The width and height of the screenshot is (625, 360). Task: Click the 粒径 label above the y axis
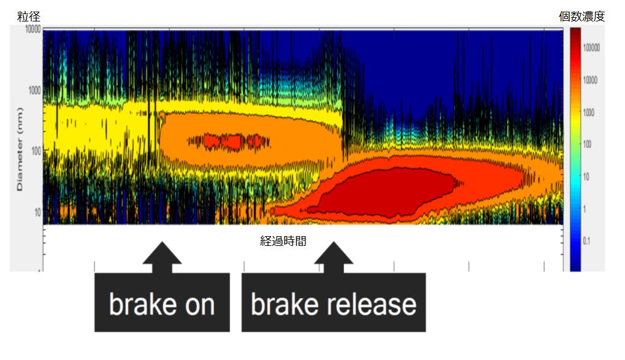29,17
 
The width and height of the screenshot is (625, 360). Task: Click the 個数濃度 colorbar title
581,17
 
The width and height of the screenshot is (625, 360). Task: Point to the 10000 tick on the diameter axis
33,29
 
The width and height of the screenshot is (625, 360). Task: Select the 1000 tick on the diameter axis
35,91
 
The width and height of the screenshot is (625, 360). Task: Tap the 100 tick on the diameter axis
36,151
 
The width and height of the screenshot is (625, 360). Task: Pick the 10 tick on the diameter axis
38,212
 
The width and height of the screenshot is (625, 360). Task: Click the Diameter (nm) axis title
20,149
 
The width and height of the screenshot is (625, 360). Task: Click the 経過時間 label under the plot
283,241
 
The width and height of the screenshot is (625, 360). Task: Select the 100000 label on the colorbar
591,48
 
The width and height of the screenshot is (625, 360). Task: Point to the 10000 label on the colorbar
590,80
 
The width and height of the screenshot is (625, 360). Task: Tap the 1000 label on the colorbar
589,112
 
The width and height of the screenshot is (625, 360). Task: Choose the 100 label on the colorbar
587,144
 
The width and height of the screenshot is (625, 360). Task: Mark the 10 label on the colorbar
586,177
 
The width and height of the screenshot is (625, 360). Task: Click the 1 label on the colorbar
585,209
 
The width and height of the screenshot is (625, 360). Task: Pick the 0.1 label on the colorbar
586,241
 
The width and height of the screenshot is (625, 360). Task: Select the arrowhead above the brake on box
162,252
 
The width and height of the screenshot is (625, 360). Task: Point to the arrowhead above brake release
334,252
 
